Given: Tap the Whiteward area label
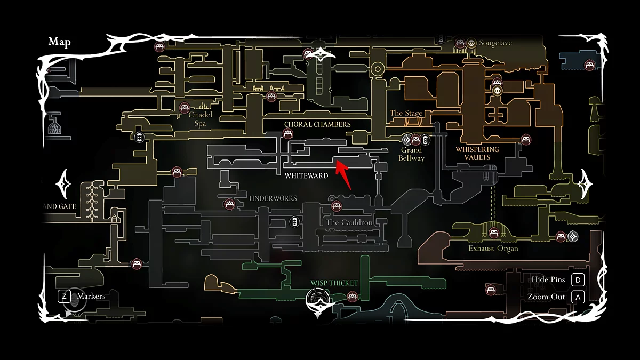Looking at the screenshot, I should click(x=306, y=175).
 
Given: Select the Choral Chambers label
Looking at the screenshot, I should click(x=317, y=124).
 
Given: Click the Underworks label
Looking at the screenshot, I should click(x=273, y=198).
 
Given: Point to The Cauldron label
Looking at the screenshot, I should click(x=349, y=222).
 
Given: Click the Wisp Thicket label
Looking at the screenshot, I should click(x=334, y=283).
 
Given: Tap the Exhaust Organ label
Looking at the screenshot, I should click(x=493, y=249).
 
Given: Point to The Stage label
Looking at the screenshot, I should click(x=406, y=113).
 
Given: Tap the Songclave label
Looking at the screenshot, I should click(x=495, y=43).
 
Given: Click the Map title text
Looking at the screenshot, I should click(x=59, y=42).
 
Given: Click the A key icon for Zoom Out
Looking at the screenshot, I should click(x=578, y=297).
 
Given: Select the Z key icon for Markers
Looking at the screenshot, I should click(x=65, y=295).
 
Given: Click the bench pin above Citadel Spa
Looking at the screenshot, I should click(x=185, y=107).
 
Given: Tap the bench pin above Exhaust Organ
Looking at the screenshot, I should click(x=494, y=233).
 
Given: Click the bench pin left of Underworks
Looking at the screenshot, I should click(x=229, y=203).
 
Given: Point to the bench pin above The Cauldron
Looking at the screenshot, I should click(x=336, y=206).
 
